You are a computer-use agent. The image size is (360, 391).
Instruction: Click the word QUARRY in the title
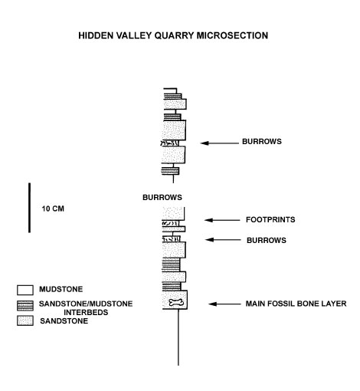pyautogui.click(x=174, y=35)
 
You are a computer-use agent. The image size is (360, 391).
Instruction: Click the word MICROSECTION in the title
pyautogui.click(x=232, y=35)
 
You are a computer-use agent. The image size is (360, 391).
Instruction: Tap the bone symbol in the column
pyautogui.click(x=176, y=303)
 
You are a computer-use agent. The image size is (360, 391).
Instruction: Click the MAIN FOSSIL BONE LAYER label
pyautogui.click(x=296, y=304)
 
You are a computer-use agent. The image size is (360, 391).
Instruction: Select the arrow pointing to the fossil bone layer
pyautogui.click(x=224, y=304)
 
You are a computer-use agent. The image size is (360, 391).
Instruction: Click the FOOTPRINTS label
pyautogui.click(x=270, y=219)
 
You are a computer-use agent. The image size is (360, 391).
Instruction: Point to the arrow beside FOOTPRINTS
pyautogui.click(x=222, y=220)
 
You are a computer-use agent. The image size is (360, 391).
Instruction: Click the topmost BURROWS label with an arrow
pyautogui.click(x=262, y=141)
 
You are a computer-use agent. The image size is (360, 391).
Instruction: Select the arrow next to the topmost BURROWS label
pyautogui.click(x=219, y=143)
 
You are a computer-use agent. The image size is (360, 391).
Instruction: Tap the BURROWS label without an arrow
pyautogui.click(x=162, y=197)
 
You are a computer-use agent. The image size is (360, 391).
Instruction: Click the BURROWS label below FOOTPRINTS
pyautogui.click(x=267, y=240)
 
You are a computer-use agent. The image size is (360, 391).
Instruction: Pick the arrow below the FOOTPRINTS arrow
pyautogui.click(x=223, y=240)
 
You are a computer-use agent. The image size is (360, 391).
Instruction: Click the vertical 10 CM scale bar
pyautogui.click(x=29, y=208)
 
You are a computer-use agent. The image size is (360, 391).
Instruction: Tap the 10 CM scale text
pyautogui.click(x=53, y=209)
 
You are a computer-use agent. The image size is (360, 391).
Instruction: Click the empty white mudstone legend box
pyautogui.click(x=25, y=290)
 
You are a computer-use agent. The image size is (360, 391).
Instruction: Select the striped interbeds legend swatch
pyautogui.click(x=25, y=306)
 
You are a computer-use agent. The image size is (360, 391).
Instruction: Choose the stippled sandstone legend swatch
pyautogui.click(x=25, y=320)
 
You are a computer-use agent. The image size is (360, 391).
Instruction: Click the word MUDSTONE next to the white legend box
pyautogui.click(x=61, y=289)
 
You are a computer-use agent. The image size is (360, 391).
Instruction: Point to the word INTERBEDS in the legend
pyautogui.click(x=86, y=312)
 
